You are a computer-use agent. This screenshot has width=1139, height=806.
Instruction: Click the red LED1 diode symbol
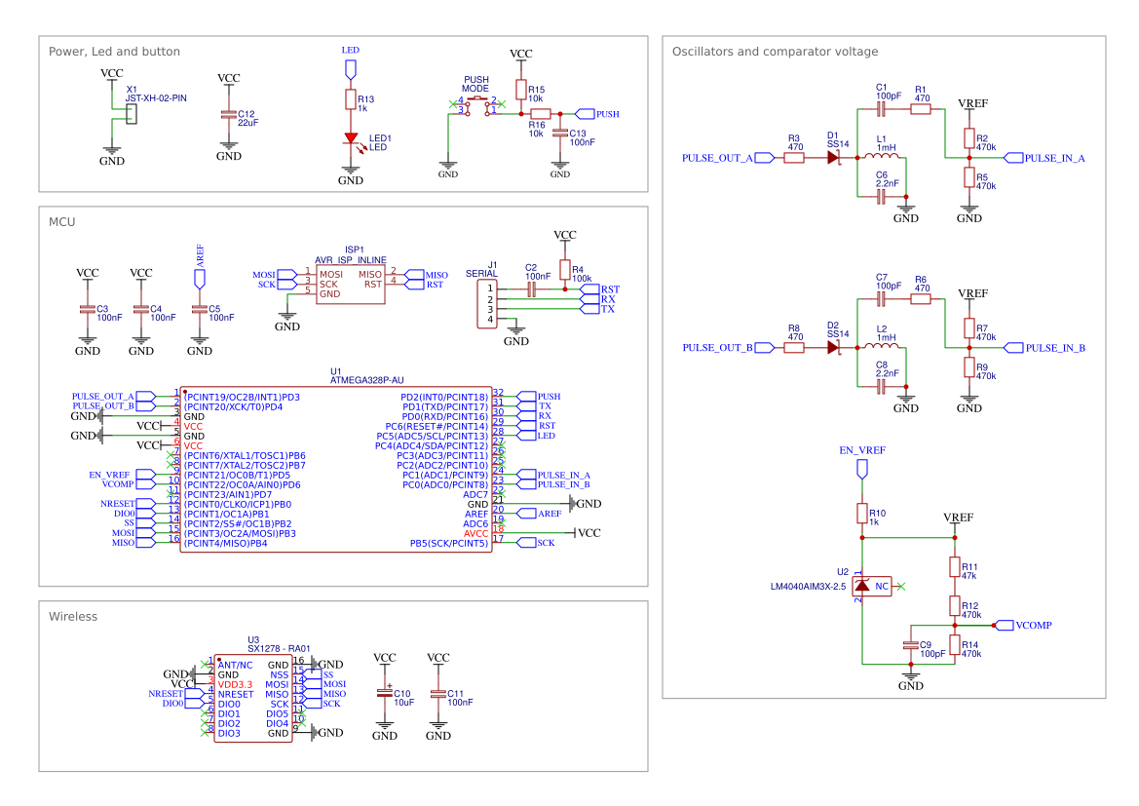pyautogui.click(x=350, y=138)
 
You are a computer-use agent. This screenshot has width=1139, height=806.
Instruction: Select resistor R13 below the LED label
pyautogui.click(x=350, y=99)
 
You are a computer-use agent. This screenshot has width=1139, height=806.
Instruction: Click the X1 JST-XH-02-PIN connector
pyautogui.click(x=132, y=113)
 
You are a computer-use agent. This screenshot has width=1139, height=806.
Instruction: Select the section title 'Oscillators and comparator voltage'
pyautogui.click(x=775, y=52)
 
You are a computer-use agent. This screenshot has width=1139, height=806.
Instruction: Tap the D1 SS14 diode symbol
pyautogui.click(x=834, y=157)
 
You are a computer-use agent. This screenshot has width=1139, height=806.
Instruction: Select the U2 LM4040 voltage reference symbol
pyautogui.click(x=862, y=586)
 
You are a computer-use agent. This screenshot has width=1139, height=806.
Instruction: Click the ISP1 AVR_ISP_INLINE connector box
pyautogui.click(x=350, y=283)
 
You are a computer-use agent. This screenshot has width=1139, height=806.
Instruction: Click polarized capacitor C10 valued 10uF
pyautogui.click(x=385, y=694)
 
